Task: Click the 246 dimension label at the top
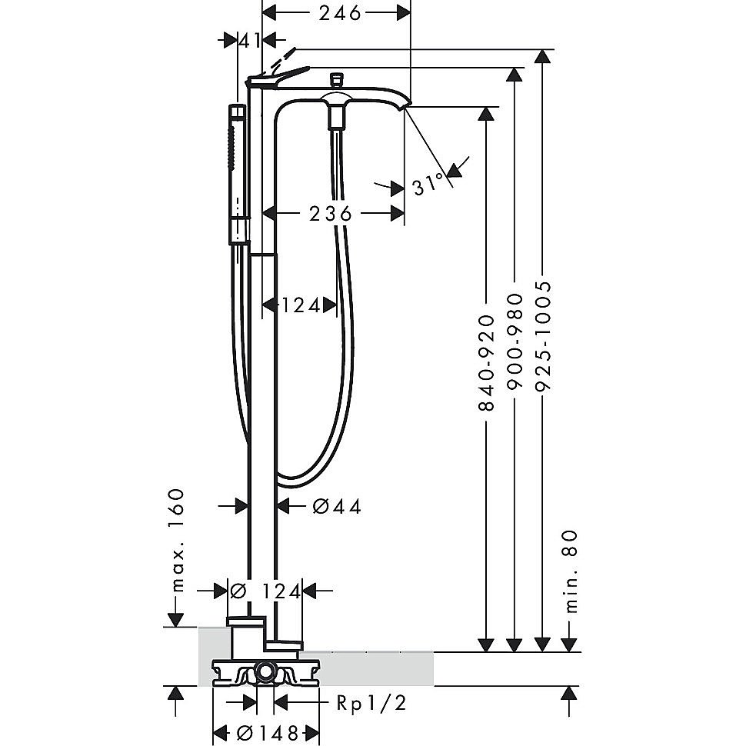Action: (340, 13)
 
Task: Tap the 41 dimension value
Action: (250, 41)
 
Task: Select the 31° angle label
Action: (428, 184)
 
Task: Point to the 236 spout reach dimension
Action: (330, 214)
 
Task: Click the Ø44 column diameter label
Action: (337, 506)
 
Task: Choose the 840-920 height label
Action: (486, 362)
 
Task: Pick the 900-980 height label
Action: (515, 342)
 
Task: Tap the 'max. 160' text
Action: (178, 540)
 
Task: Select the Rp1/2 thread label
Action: (371, 703)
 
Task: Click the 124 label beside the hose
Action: (301, 305)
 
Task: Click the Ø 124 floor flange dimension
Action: (265, 591)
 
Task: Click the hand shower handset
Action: (239, 174)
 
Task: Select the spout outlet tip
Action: (406, 105)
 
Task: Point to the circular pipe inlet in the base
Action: (265, 672)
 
